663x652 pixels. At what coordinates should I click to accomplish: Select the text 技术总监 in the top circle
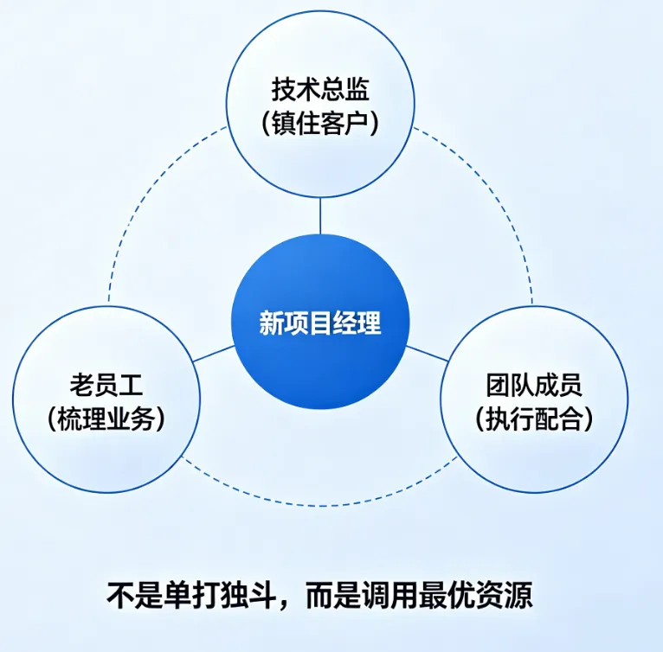pos(320,90)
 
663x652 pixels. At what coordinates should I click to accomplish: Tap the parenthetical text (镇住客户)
pos(320,122)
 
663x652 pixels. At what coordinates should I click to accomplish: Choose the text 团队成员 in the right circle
pos(534,383)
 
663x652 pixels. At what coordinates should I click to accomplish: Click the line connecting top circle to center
pos(320,215)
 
